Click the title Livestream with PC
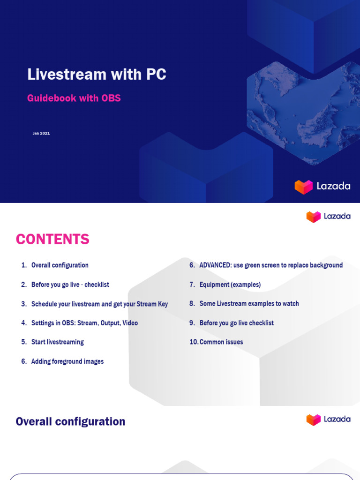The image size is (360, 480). (97, 75)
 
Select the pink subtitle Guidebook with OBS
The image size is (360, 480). (74, 98)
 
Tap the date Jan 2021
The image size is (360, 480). (41, 134)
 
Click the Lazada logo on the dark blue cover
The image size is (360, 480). (322, 186)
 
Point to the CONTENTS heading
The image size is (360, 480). (52, 240)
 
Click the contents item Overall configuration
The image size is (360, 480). (60, 265)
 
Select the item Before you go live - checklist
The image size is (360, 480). (70, 285)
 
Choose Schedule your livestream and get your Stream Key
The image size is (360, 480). (99, 304)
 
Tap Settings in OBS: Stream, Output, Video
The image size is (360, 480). (84, 323)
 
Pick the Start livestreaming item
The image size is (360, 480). (57, 342)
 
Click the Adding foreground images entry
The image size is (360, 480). (67, 361)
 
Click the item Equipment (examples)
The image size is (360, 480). (230, 285)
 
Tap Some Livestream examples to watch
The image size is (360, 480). (249, 304)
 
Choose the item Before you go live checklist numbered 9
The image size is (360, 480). (236, 323)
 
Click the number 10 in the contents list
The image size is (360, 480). (194, 342)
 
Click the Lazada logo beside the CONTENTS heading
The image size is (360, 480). (328, 217)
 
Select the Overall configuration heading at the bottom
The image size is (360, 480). (70, 421)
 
